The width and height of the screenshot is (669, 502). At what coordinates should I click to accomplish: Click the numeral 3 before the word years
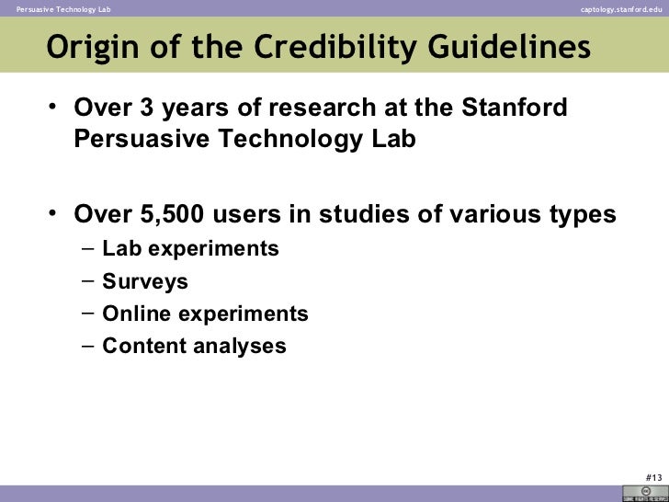142,108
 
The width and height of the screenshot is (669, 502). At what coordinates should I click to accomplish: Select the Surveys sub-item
145,281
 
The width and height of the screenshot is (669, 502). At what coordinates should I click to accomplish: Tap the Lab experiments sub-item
190,248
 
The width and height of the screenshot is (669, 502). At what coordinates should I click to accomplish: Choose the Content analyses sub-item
194,346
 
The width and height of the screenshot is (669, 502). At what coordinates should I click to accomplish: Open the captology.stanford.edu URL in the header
621,8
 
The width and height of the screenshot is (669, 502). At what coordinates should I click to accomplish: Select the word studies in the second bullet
364,214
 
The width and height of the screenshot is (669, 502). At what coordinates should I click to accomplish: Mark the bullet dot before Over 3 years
54,108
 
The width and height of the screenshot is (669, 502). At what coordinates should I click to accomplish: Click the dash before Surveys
86,281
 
